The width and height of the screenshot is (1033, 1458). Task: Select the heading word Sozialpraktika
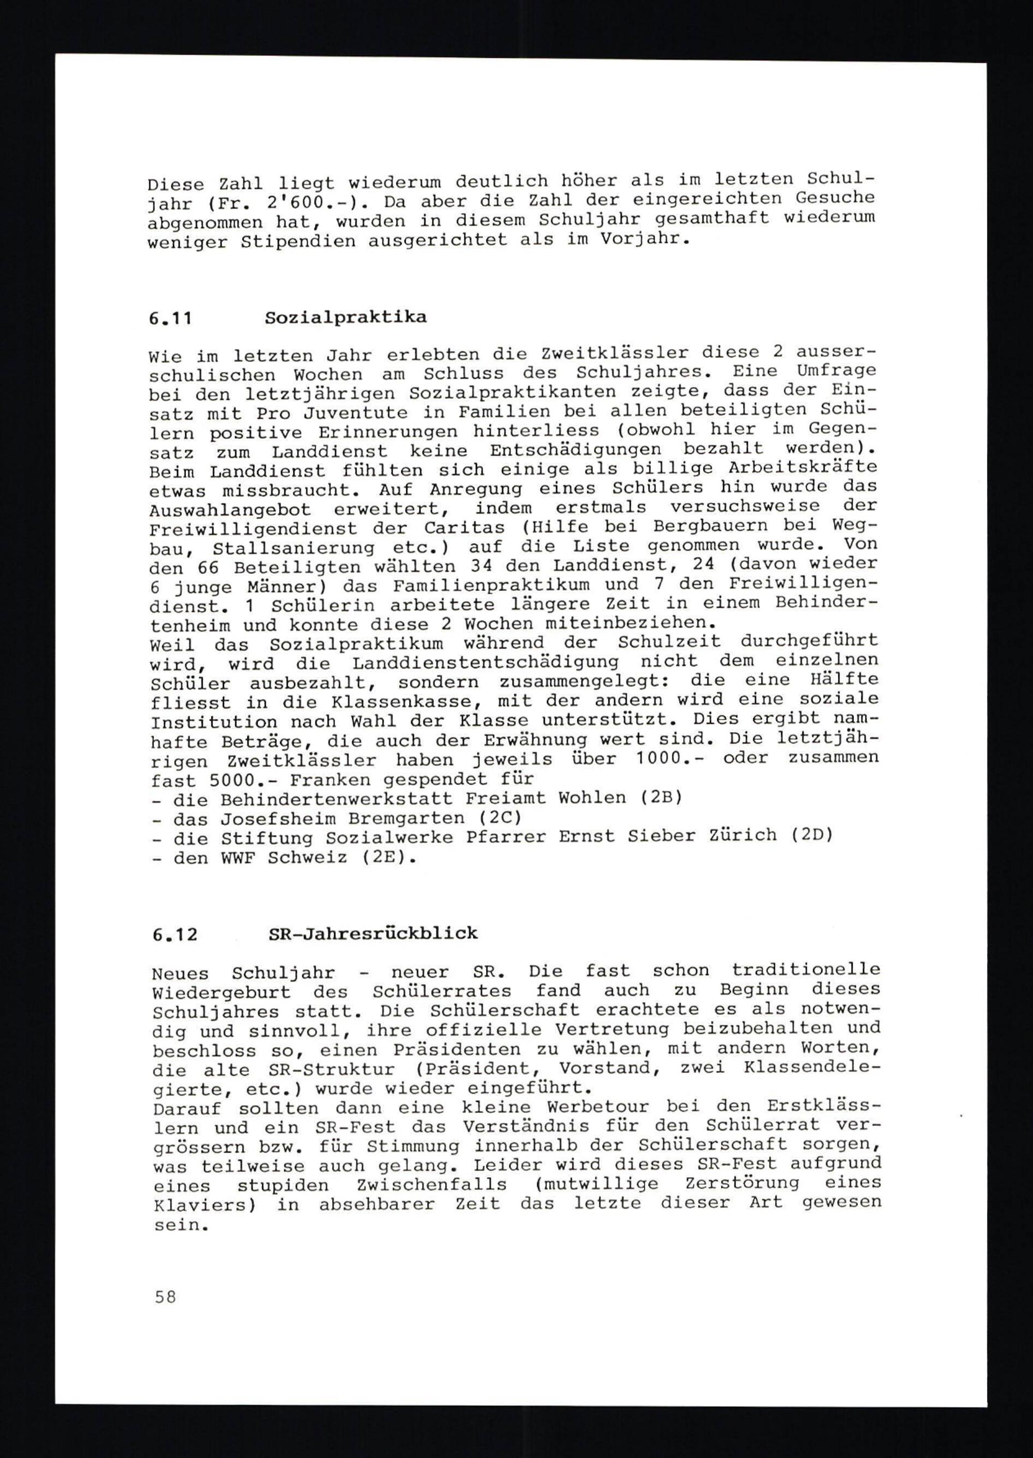tap(346, 318)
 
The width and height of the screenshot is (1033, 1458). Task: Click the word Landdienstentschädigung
tap(484, 663)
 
